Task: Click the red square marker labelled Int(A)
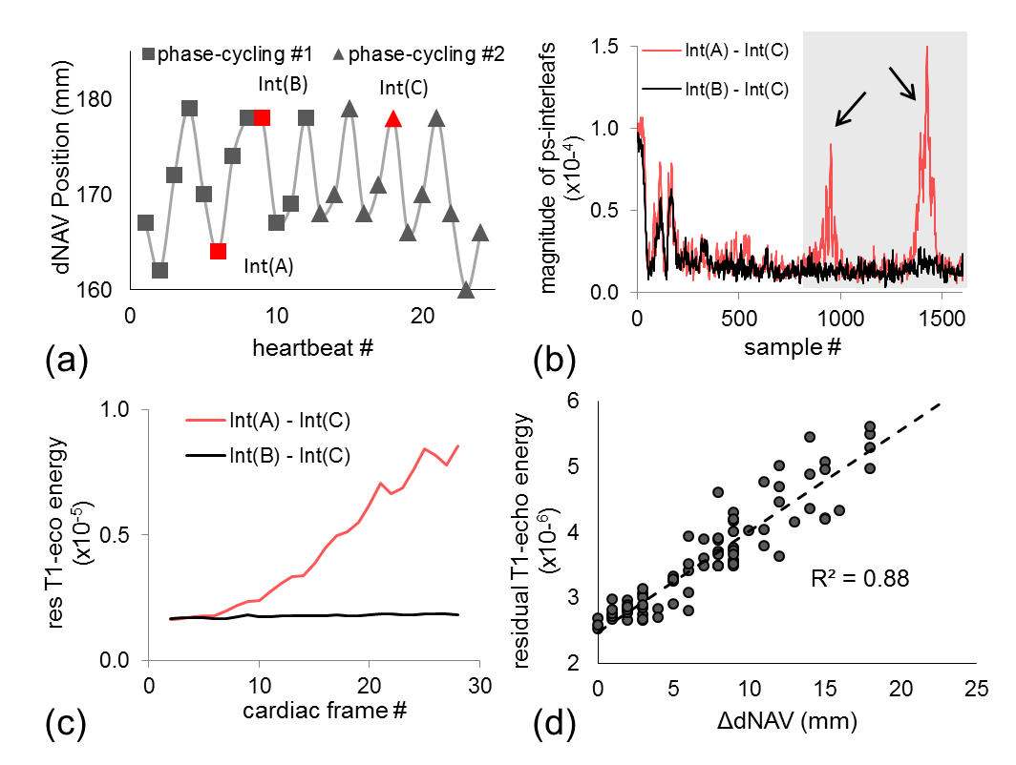click(x=218, y=252)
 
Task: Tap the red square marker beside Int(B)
click(x=262, y=117)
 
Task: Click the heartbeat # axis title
click(x=299, y=350)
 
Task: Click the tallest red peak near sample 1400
click(x=926, y=48)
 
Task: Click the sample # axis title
click(x=795, y=350)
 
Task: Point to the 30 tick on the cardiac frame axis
click(x=479, y=688)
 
